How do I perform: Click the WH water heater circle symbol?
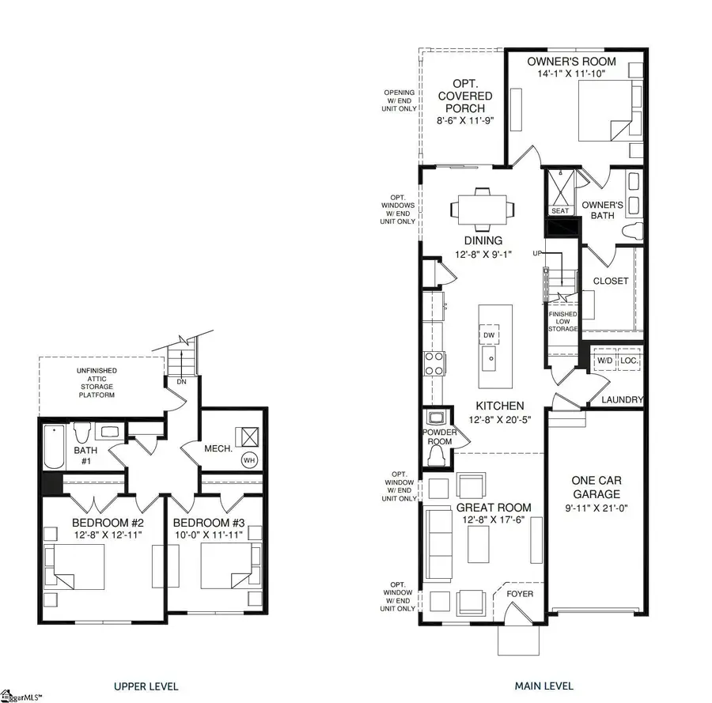[x=248, y=459]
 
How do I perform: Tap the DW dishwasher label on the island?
[x=490, y=334]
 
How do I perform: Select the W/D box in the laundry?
[x=604, y=361]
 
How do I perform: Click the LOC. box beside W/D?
[x=629, y=361]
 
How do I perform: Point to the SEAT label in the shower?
[x=560, y=210]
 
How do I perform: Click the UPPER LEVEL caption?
[x=146, y=686]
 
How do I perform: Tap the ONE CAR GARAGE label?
[x=596, y=487]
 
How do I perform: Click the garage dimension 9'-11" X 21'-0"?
[x=596, y=508]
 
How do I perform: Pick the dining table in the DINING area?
[x=482, y=209]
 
